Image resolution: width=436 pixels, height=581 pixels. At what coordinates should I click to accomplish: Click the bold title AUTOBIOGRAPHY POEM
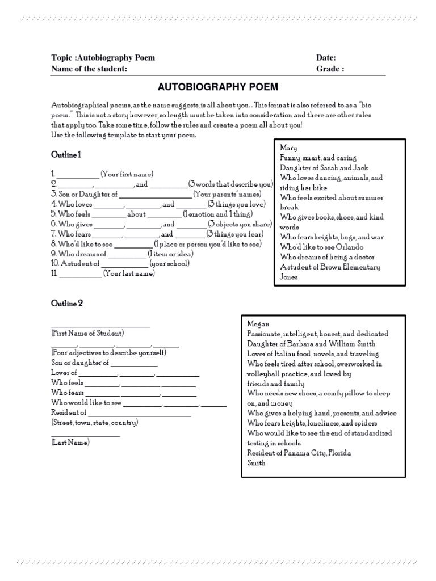click(218, 87)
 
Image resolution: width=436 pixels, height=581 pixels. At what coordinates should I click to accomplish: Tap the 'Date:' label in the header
click(326, 58)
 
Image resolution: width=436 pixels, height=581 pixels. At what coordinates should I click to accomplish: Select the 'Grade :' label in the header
click(330, 69)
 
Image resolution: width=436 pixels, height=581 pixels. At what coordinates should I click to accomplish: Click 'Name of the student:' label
click(89, 69)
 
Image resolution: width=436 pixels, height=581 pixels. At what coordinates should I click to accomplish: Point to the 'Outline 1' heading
click(66, 154)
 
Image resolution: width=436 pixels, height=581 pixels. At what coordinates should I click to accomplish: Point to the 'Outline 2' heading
click(67, 304)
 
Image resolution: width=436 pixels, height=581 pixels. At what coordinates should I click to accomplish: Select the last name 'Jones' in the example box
click(288, 277)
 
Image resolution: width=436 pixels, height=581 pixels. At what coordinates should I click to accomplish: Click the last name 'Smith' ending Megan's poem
click(257, 462)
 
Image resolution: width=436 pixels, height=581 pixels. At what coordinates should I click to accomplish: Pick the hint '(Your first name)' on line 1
click(127, 174)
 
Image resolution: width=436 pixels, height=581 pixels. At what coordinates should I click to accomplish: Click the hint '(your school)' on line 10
click(169, 263)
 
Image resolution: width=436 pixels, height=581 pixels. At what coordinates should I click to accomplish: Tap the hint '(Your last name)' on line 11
click(129, 273)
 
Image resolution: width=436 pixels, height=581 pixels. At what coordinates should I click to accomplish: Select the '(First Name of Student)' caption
click(87, 332)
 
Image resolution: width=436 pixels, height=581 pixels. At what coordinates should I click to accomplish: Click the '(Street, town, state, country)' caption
click(94, 423)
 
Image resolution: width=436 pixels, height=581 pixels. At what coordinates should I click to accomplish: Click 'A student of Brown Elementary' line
click(330, 267)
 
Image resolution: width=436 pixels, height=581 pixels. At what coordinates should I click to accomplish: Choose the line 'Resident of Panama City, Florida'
click(299, 453)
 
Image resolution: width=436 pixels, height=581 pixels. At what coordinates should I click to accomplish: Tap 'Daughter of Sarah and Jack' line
click(324, 168)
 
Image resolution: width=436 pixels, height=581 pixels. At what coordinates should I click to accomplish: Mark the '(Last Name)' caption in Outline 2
click(70, 442)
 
